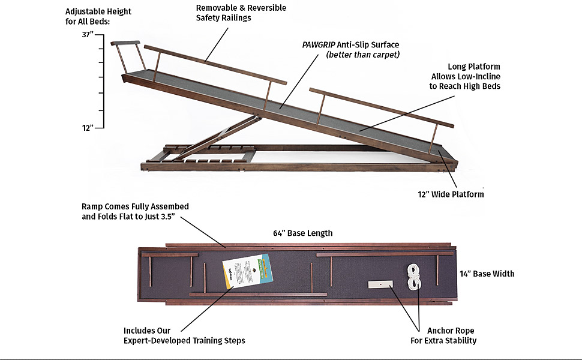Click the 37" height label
coord(88,35)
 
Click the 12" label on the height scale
coord(88,127)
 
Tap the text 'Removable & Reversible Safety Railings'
coord(241,13)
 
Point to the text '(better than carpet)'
coord(362,55)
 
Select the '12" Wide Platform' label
coord(451,194)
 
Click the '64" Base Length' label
coord(302,233)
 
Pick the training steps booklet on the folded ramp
coord(247,273)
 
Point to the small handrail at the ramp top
coord(125,43)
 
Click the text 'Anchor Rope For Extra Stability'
coord(451,335)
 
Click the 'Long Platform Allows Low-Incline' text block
coord(465,76)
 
